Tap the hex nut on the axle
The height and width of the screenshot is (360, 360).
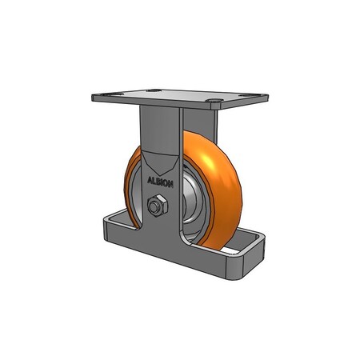point(157,206)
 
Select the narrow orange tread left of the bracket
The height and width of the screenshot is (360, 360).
point(129,188)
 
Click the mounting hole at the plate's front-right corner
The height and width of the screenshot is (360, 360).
point(215,102)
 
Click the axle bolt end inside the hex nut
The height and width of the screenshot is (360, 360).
point(157,206)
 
